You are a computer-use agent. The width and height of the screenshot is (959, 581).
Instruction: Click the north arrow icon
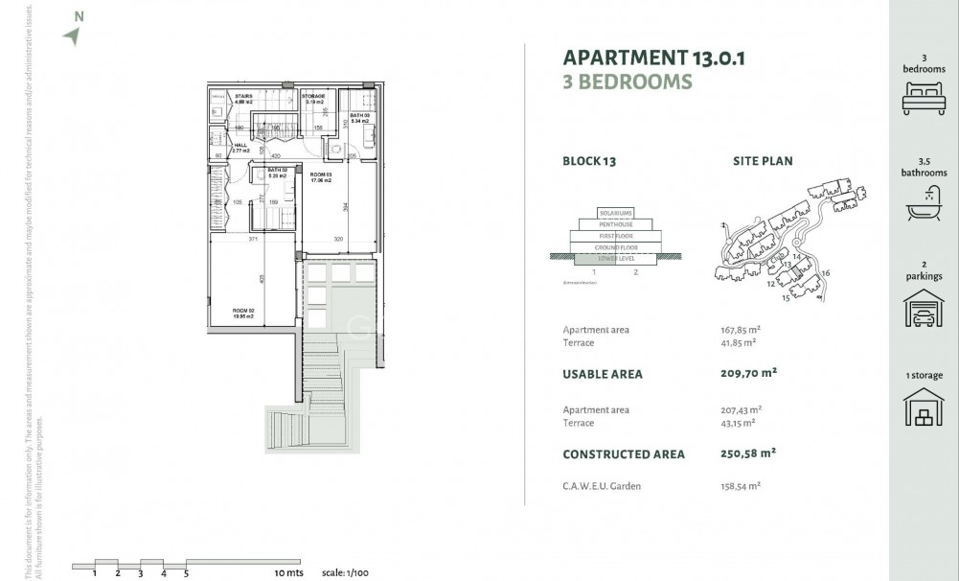[x=72, y=35]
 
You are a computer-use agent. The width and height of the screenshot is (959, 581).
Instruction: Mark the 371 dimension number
[x=252, y=238]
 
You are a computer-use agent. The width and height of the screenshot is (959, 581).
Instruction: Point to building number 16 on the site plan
[x=825, y=273]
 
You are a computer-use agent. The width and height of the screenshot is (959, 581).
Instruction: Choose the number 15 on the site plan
[x=786, y=298]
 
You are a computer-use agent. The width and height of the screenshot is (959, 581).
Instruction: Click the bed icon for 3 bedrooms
[x=924, y=98]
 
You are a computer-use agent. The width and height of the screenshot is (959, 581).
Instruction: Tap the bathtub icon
[x=924, y=204]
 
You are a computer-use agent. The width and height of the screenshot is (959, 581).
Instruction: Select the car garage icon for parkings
[x=924, y=309]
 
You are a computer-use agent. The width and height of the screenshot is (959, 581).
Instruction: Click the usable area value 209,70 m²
[x=747, y=374]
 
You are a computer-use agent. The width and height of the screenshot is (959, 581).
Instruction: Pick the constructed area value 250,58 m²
[x=747, y=453]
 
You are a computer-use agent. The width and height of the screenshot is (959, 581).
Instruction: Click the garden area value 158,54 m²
[x=740, y=486]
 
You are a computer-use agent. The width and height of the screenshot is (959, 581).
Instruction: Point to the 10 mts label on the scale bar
[x=288, y=572]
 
